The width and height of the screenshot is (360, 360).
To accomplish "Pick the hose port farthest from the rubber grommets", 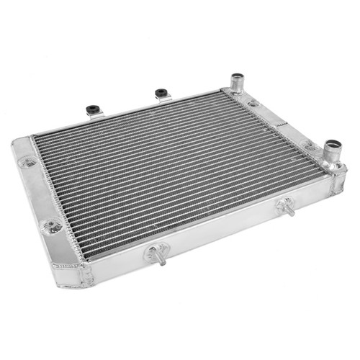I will coord(333,152).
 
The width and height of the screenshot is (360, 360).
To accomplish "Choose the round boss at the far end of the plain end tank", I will coord(29,163).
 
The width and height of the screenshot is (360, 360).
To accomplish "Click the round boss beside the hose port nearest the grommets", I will coord(253,104).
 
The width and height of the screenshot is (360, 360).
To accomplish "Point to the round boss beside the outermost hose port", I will coord(310,146).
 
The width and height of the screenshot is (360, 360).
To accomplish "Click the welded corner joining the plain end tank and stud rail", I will coord(84,275).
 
